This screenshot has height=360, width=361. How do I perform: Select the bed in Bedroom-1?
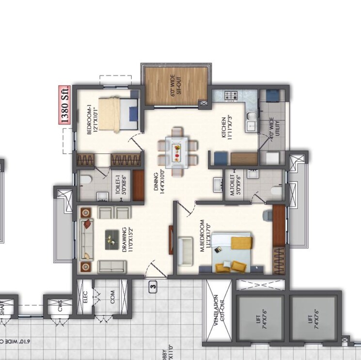pos(119,114)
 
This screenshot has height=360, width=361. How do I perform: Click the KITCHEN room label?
pos(227,128)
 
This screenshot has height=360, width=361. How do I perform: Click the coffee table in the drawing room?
pos(113,238)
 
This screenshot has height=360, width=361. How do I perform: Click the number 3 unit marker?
pos(153,287)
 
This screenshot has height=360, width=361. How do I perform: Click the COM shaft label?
pos(113,297)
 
